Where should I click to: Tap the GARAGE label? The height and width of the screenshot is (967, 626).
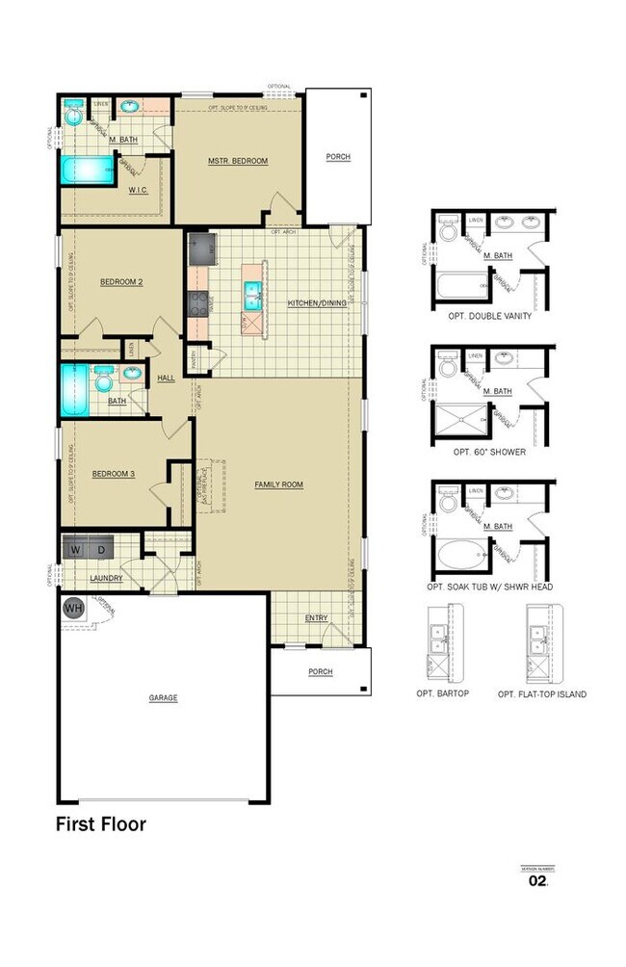[x=163, y=698]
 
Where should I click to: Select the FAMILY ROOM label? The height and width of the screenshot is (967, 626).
[x=278, y=484]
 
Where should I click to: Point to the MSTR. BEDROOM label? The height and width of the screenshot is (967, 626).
[x=238, y=161]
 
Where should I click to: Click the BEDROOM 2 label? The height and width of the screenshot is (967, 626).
[x=121, y=282]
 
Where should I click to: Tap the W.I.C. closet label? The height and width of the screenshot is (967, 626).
[x=138, y=190]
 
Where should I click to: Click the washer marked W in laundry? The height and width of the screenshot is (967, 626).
[x=77, y=549]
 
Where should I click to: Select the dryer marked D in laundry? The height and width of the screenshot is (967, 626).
[x=102, y=549]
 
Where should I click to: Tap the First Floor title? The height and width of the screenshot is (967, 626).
[x=100, y=824]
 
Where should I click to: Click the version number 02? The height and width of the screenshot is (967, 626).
[x=536, y=880]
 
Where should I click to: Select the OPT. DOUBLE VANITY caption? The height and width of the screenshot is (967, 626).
[x=489, y=316]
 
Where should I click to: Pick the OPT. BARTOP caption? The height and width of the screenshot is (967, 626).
[x=442, y=693]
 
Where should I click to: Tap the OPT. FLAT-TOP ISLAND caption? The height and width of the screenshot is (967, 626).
[x=541, y=693]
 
